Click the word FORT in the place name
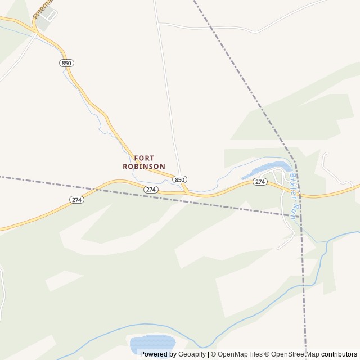coord(144,158)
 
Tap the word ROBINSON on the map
coord(144,166)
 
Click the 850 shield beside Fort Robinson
coord(179,179)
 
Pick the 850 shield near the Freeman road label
coord(66,63)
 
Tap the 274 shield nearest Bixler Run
coord(259,182)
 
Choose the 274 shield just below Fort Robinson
coord(150,190)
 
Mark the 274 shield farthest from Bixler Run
coord(77,200)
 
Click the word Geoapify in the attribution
coord(192,354)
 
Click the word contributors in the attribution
coord(339,354)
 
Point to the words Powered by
coord(158,354)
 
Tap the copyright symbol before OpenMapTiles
coord(213,354)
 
